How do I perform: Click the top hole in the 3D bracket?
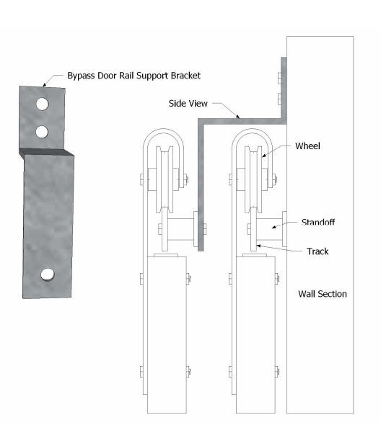click(x=42, y=104)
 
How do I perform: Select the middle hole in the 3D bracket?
click(x=42, y=132)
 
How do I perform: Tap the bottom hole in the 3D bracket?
click(x=48, y=274)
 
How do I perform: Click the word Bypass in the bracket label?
click(x=81, y=76)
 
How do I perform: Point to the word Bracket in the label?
click(x=185, y=76)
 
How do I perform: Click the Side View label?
click(x=188, y=104)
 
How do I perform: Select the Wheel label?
click(x=307, y=146)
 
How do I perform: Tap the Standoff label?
click(x=318, y=222)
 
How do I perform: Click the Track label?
click(x=317, y=251)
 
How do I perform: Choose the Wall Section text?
click(x=323, y=294)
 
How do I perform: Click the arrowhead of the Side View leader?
click(x=237, y=116)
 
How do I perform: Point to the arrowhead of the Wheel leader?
click(x=263, y=156)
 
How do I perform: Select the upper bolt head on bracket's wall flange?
click(x=279, y=79)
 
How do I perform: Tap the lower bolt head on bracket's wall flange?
click(x=279, y=99)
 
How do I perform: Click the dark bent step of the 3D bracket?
click(x=46, y=152)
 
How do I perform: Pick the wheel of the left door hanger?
click(x=165, y=179)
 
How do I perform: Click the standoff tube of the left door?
click(x=181, y=229)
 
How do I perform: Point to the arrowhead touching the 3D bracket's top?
click(x=44, y=84)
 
